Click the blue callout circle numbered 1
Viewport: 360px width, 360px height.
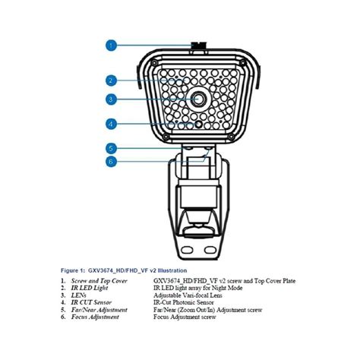click(x=112, y=45)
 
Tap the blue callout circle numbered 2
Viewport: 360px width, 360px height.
click(x=112, y=80)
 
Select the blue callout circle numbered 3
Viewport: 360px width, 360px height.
click(x=112, y=99)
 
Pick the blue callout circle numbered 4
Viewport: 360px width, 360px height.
click(x=112, y=124)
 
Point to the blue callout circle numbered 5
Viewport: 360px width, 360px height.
click(x=112, y=149)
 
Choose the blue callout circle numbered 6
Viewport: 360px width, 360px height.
click(x=112, y=161)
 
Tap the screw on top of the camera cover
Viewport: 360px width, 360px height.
click(x=195, y=46)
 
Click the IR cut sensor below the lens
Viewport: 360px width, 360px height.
click(x=199, y=123)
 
